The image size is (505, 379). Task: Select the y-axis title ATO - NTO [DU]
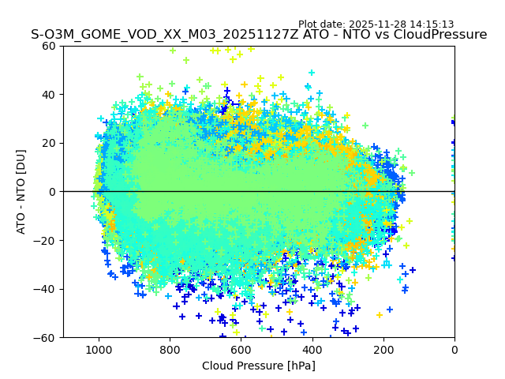tap(21, 192)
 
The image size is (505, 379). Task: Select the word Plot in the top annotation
tap(308, 24)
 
